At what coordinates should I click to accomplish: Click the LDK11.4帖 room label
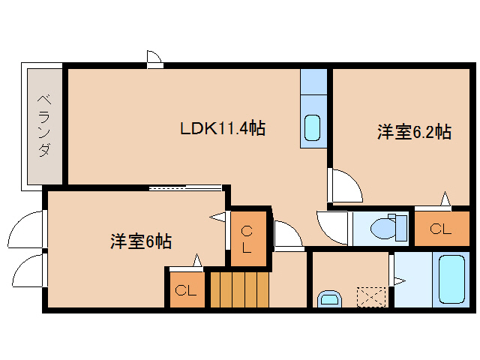pyautogui.click(x=222, y=128)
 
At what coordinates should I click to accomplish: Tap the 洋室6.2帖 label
pyautogui.click(x=413, y=133)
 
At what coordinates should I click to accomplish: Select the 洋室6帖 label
pyautogui.click(x=141, y=241)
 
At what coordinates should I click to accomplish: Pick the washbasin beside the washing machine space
pyautogui.click(x=330, y=299)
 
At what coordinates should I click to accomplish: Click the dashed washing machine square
pyautogui.click(x=370, y=295)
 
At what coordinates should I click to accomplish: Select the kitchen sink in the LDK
pyautogui.click(x=313, y=130)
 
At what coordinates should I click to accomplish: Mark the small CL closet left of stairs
pyautogui.click(x=185, y=289)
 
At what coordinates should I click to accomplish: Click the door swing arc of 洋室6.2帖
pyautogui.click(x=344, y=184)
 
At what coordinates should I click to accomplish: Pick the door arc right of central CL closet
pyautogui.click(x=287, y=234)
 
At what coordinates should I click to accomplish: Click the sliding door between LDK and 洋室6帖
pyautogui.click(x=184, y=187)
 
